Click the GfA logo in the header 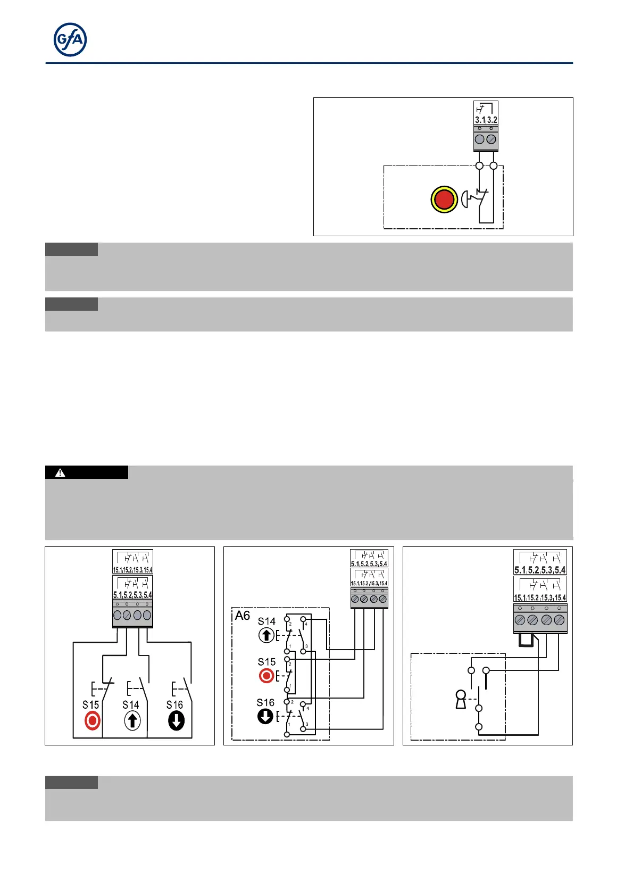tap(70, 40)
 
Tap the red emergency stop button tap(444, 200)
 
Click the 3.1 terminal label tap(480, 120)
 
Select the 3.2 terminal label tap(492, 120)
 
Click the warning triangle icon tap(60, 472)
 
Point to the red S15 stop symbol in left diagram tap(92, 721)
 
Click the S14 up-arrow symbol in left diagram tap(132, 721)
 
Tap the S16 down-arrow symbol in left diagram tap(176, 721)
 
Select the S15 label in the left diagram tap(90, 704)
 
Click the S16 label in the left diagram tap(174, 704)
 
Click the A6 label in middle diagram tap(243, 616)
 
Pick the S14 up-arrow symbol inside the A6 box tap(266, 635)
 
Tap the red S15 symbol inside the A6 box tap(266, 676)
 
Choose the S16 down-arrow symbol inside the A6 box tap(265, 717)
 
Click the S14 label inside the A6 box tap(266, 621)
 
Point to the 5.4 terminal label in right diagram tap(560, 570)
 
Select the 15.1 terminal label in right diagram tap(520, 598)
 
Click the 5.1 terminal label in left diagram tap(118, 595)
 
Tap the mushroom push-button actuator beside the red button tap(465, 200)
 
